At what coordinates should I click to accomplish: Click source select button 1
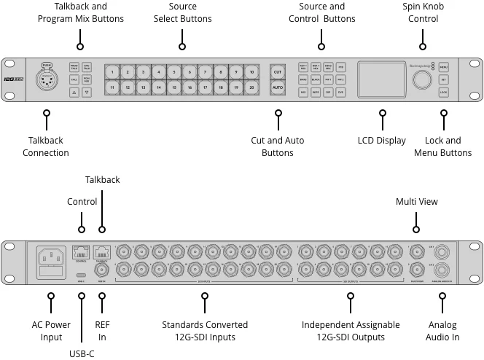point(112,72)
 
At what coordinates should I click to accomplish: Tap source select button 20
point(251,87)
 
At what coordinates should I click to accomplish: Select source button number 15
point(173,87)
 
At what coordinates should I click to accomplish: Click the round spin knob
point(421,79)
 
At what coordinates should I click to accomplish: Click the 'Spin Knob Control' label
point(423,12)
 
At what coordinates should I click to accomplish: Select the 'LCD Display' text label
point(382,141)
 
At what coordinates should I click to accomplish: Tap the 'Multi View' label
point(417,201)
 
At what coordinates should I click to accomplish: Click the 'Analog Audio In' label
point(442,331)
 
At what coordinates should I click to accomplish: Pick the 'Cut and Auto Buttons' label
point(277,146)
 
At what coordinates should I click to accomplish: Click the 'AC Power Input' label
point(51,331)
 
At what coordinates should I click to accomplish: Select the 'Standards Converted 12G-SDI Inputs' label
point(205,331)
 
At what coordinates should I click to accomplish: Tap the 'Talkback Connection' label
point(46,146)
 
